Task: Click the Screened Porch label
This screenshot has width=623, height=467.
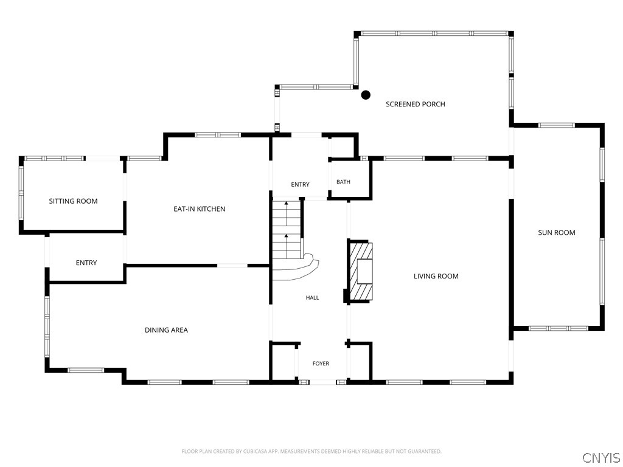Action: [x=415, y=104]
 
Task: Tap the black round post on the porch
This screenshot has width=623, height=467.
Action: [x=366, y=95]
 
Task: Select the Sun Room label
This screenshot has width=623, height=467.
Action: [x=557, y=233]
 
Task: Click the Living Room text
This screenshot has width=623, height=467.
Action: [x=436, y=276]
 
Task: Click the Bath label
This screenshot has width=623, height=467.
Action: [x=343, y=182]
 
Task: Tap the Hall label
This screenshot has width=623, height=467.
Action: [x=312, y=297]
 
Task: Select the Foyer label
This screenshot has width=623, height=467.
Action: [x=321, y=364]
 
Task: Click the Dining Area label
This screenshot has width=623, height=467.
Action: [x=166, y=330]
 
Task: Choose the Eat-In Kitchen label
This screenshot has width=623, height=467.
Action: [x=199, y=209]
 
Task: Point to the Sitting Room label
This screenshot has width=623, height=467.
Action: [x=73, y=201]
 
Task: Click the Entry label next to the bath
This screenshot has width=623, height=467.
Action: [x=300, y=184]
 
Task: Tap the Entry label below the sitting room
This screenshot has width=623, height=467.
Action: [x=86, y=263]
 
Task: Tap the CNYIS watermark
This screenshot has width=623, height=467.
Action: [x=601, y=458]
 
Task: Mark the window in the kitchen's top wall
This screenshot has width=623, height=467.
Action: [x=218, y=135]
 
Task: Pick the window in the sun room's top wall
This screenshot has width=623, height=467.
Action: [x=556, y=125]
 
